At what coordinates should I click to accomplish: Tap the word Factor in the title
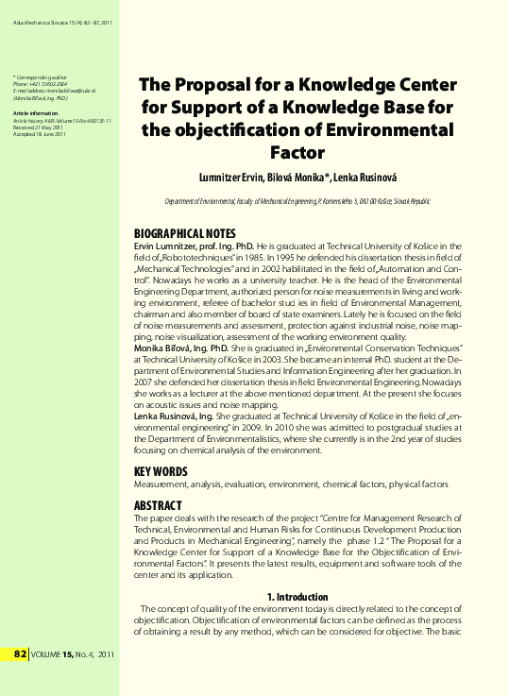coord(297,151)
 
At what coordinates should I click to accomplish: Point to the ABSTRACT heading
coord(159,505)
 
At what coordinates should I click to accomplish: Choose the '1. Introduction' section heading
coord(297,597)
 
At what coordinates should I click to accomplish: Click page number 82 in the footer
coord(20,654)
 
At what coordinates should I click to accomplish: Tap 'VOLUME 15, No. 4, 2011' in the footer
coord(73,654)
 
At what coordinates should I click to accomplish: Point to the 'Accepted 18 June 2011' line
coord(40,135)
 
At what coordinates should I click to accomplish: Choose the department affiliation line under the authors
coord(297,201)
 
